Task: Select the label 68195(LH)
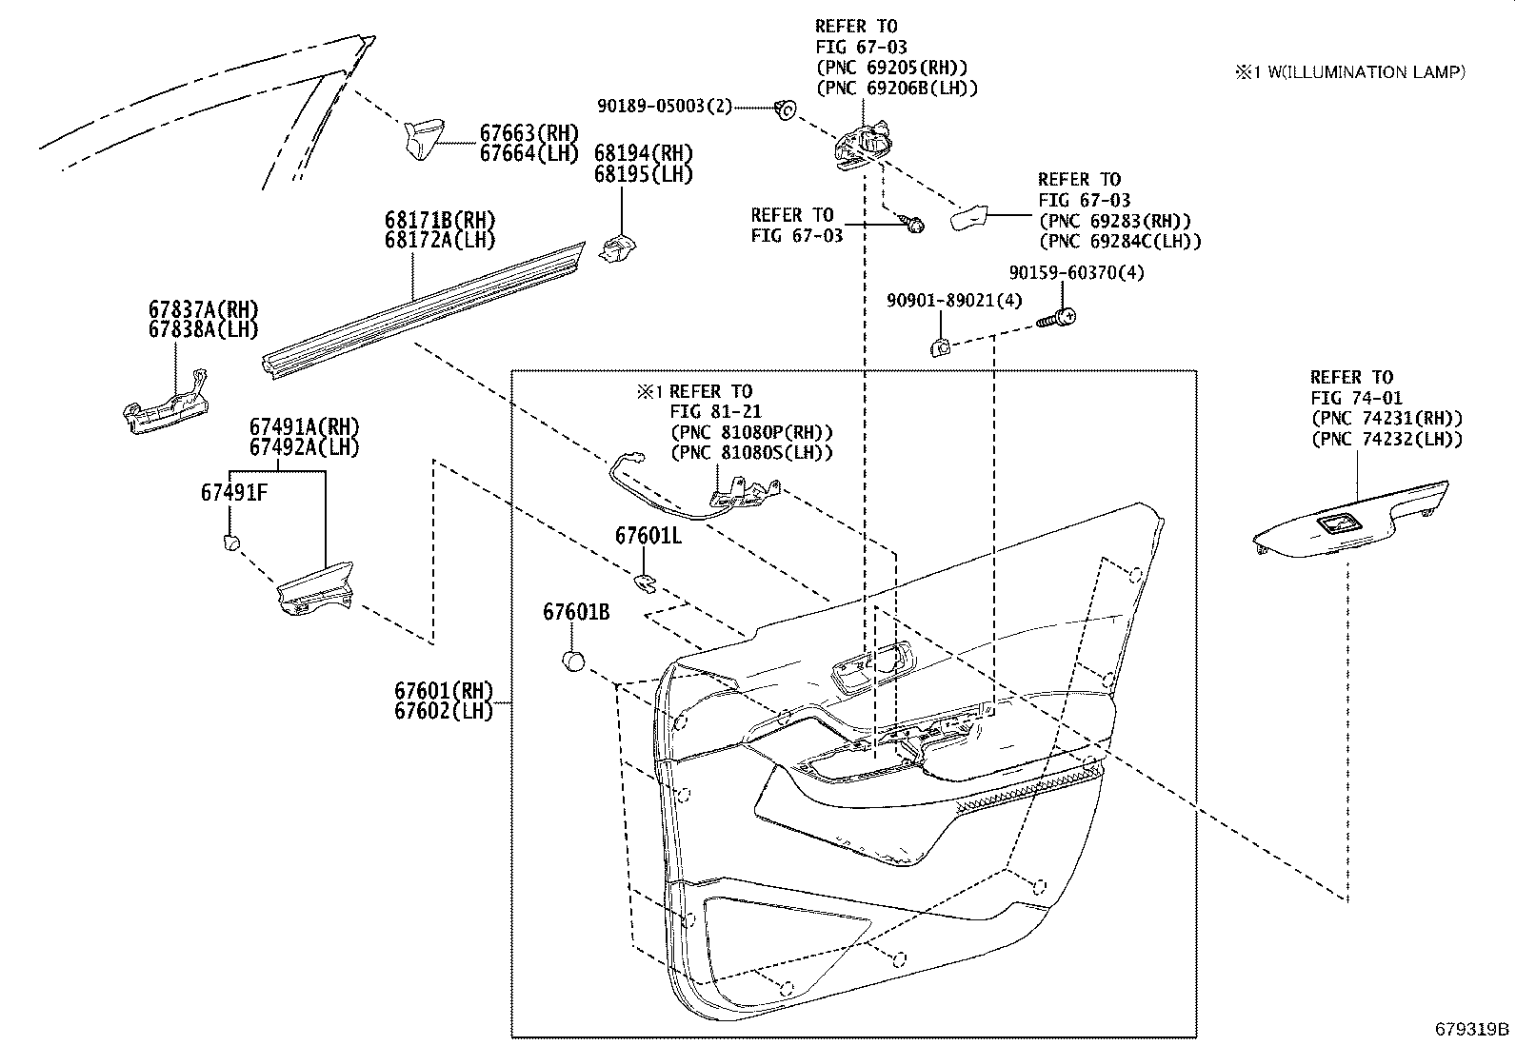644,175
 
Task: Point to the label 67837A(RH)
203,309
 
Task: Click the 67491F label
232,493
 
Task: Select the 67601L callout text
648,536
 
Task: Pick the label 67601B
577,612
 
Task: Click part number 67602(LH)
444,711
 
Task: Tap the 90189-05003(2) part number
665,107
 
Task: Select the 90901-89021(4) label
954,301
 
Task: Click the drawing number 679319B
1472,1029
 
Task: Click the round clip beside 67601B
573,661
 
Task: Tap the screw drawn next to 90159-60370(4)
1056,320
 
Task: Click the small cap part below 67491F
229,543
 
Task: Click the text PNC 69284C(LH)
1120,242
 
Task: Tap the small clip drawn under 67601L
646,580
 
